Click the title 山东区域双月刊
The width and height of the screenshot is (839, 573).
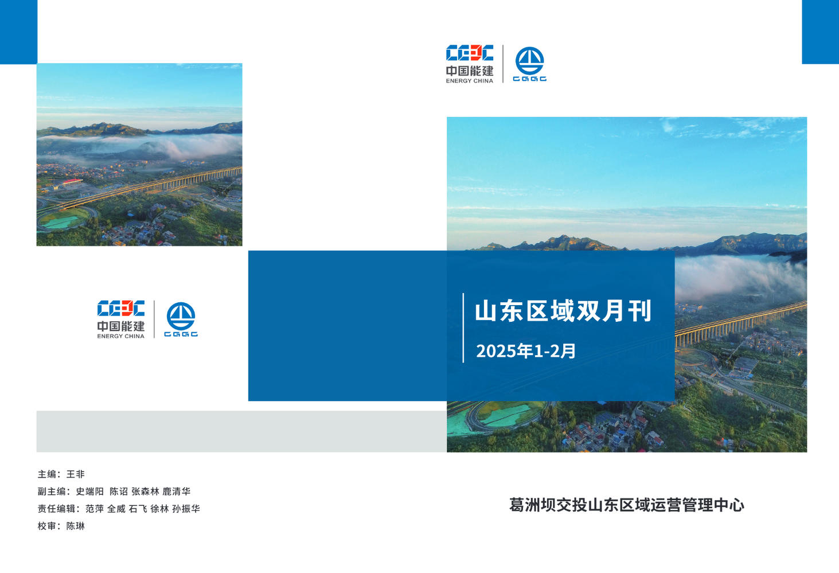pos(563,311)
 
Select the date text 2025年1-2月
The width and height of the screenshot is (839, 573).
pos(525,351)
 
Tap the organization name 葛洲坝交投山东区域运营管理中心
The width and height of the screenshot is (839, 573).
pos(626,505)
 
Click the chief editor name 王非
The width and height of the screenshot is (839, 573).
pos(76,474)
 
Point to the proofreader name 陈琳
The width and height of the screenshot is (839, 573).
pos(76,526)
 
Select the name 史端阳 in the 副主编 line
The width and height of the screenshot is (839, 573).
pos(90,492)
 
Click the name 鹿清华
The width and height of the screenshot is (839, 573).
pos(177,492)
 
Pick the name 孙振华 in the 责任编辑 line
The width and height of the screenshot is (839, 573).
pos(186,509)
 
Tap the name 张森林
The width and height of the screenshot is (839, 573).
pos(145,492)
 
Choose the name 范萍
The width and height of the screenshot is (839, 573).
pos(95,509)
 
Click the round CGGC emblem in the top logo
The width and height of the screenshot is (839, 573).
pos(530,61)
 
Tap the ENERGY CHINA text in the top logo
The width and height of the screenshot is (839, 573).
pos(469,81)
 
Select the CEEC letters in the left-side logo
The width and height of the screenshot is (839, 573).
pos(121,308)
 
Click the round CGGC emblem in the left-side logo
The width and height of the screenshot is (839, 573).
pos(181,317)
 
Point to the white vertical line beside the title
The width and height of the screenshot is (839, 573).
pos(463,328)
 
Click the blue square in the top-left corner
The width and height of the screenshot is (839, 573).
pos(19,32)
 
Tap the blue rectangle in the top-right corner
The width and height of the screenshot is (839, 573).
pos(820,32)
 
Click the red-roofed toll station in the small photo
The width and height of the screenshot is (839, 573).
pos(72,182)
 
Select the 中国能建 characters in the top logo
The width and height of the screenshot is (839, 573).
pos(469,71)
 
